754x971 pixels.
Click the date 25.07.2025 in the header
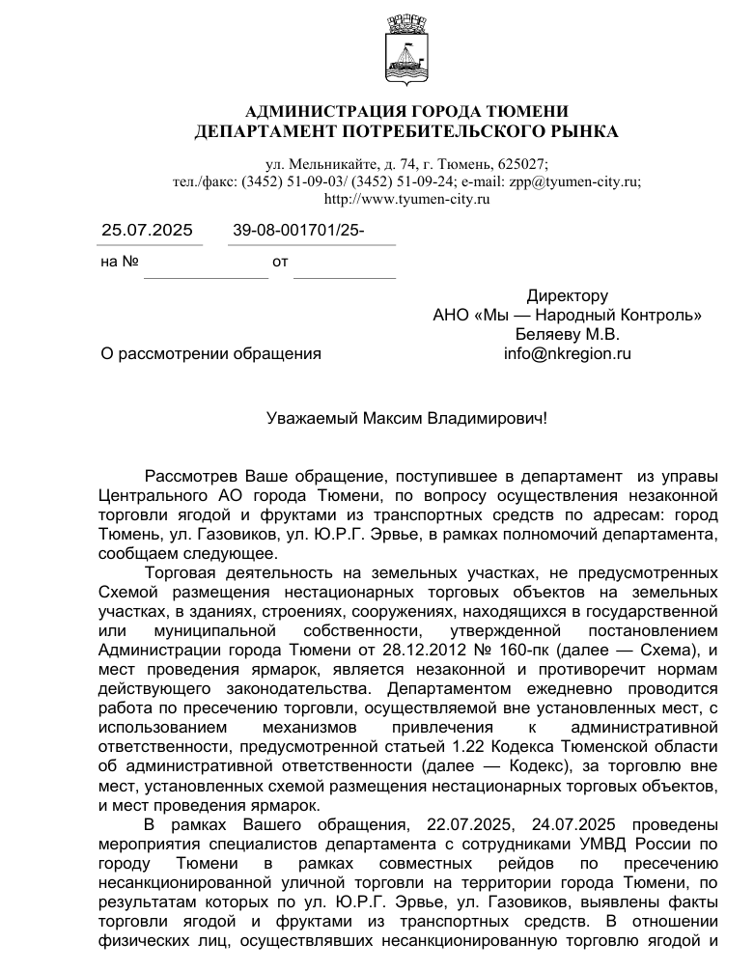(147, 230)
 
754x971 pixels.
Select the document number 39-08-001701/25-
(298, 230)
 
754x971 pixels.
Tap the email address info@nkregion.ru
(567, 353)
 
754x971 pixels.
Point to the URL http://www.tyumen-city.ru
(406, 199)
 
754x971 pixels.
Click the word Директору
(567, 295)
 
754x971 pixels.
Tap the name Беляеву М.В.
(567, 334)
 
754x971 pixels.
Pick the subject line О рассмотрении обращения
(210, 353)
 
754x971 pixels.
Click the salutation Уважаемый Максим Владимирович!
(406, 418)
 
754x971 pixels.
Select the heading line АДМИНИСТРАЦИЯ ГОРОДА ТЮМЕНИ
(406, 112)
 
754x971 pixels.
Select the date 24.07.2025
(548, 824)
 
